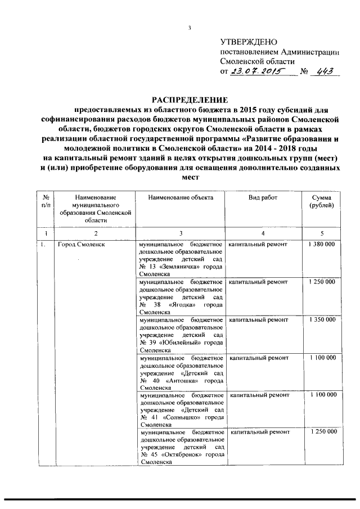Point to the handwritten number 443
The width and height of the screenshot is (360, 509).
pyautogui.click(x=325, y=72)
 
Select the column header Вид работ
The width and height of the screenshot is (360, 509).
pyautogui.click(x=263, y=198)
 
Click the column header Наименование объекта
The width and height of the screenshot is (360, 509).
pyautogui.click(x=179, y=198)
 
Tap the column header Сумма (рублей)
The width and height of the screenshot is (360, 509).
pyautogui.click(x=321, y=202)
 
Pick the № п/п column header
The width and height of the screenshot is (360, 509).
pyautogui.click(x=44, y=202)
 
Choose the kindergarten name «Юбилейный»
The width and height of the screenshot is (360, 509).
pyautogui.click(x=181, y=342)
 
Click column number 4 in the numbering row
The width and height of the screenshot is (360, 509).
pyautogui.click(x=263, y=233)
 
